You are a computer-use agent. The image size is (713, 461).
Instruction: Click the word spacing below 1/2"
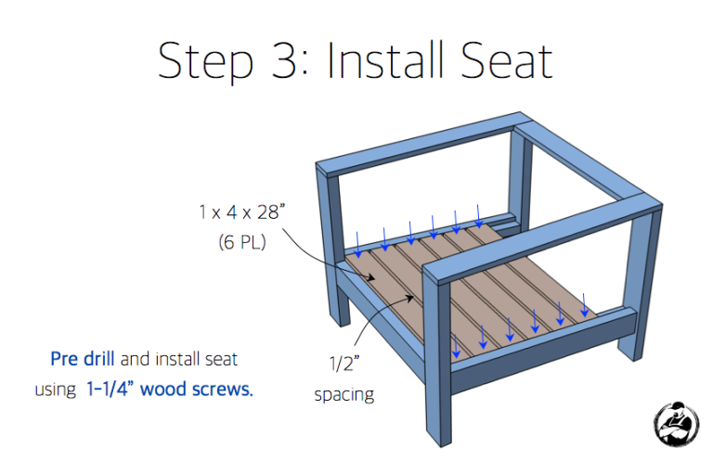click(x=344, y=394)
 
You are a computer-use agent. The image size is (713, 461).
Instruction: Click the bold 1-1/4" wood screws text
click(x=168, y=389)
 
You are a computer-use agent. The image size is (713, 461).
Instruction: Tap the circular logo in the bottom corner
click(x=675, y=423)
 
